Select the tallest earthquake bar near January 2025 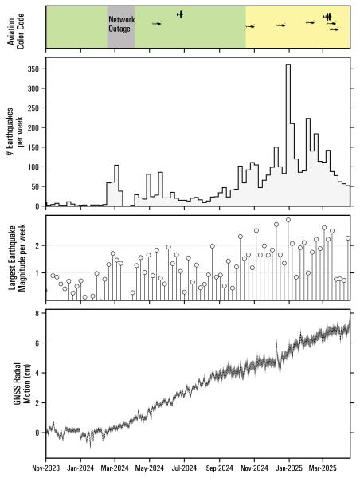[288, 135]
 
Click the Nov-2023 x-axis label [46, 471]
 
